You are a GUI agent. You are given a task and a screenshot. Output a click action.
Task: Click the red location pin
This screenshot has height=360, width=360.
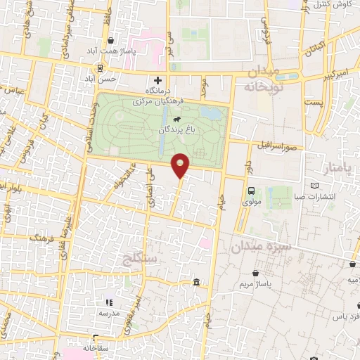pyautogui.click(x=181, y=165)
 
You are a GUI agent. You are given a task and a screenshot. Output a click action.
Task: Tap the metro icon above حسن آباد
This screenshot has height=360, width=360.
pyautogui.click(x=100, y=68)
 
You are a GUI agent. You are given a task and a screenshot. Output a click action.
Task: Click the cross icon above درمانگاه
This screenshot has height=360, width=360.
pyautogui.click(x=159, y=81)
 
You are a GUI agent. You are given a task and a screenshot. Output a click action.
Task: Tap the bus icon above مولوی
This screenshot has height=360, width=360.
pyautogui.click(x=252, y=190)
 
